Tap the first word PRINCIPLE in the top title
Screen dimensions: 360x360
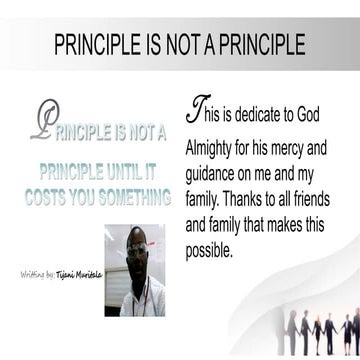[97, 46]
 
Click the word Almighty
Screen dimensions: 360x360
[214, 146]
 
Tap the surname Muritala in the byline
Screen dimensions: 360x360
[88, 272]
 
